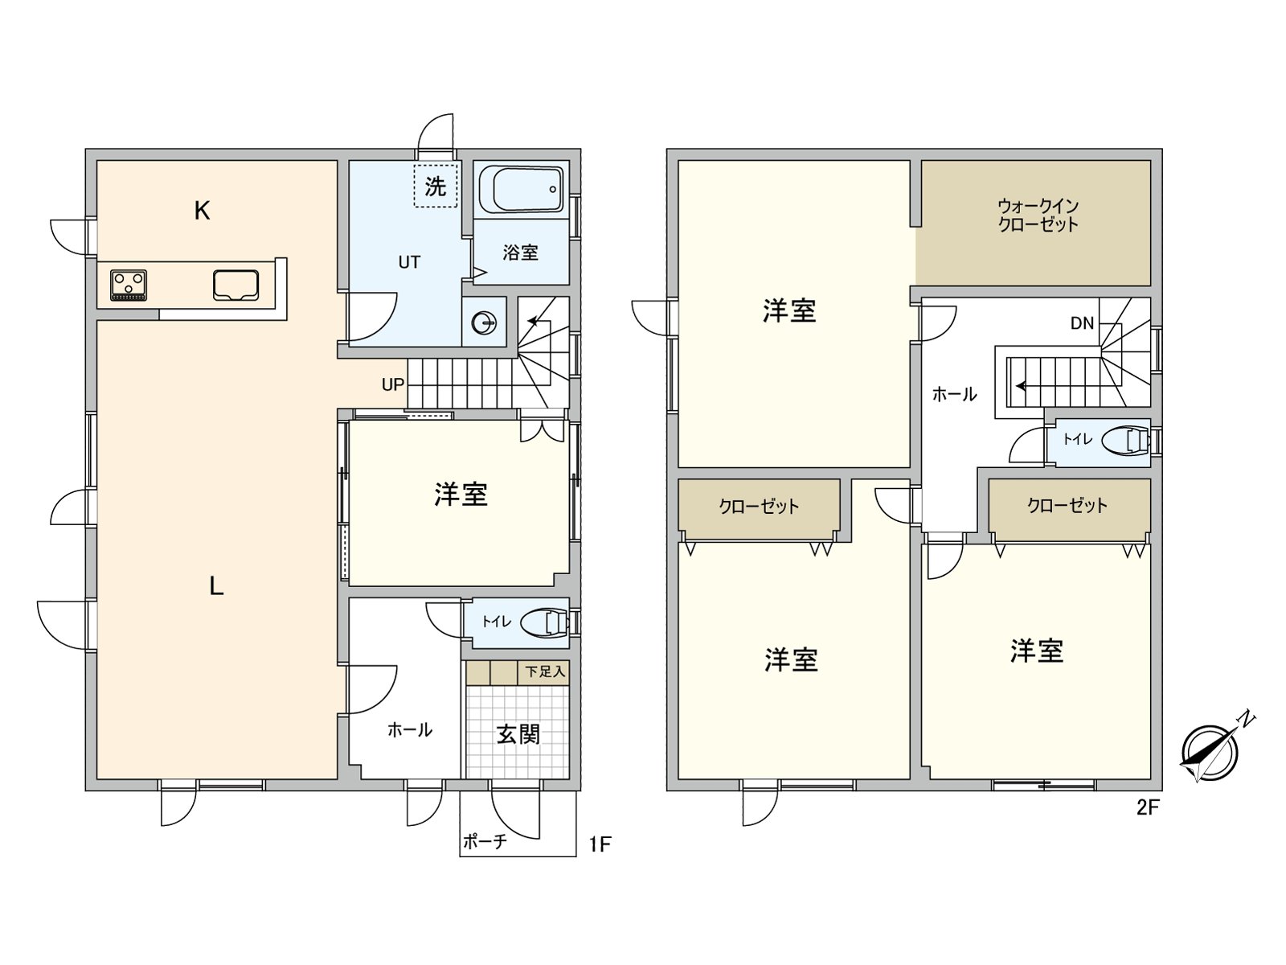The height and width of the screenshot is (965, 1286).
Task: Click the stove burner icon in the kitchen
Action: [x=129, y=285]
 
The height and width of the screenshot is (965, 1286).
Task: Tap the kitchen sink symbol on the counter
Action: [x=235, y=285]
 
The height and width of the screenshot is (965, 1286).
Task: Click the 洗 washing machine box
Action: [x=436, y=187]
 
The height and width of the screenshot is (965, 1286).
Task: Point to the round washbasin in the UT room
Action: [x=485, y=323]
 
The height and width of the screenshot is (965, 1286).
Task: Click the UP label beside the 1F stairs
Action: [x=392, y=385]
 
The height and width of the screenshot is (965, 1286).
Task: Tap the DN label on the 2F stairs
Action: [x=1082, y=323]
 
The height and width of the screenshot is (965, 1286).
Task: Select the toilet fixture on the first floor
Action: [x=543, y=622]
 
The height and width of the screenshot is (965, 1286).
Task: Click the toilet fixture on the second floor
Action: [x=1124, y=440]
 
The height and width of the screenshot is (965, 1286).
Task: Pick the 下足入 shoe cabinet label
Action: [x=546, y=671]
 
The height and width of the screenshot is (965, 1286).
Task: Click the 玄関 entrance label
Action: [x=518, y=733]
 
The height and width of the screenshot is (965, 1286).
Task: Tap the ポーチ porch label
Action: [x=484, y=842]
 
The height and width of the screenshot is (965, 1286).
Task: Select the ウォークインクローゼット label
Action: [x=1038, y=216]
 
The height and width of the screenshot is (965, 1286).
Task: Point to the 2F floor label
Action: [x=1148, y=807]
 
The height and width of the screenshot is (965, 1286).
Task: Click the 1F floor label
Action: [x=600, y=844]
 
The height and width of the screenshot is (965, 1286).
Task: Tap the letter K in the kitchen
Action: [x=202, y=211]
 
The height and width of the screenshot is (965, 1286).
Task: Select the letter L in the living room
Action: [x=216, y=586]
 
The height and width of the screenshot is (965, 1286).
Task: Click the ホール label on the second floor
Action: [x=954, y=394]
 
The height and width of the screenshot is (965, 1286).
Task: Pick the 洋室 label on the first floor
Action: [x=461, y=495]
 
